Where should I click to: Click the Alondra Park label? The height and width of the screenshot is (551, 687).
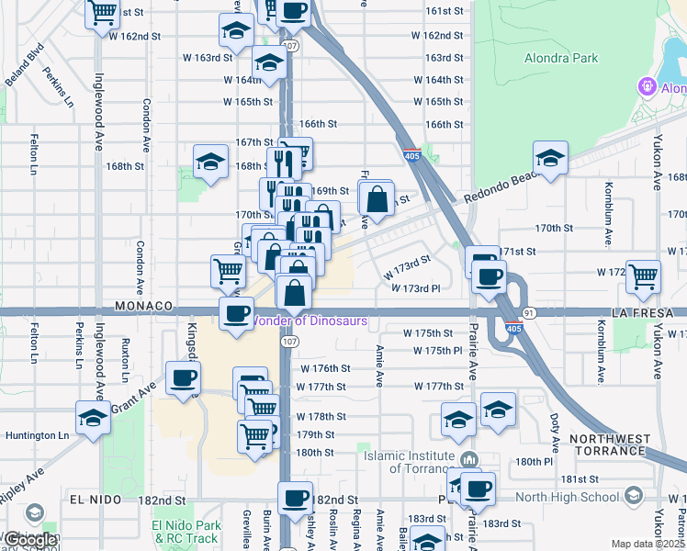(560, 58)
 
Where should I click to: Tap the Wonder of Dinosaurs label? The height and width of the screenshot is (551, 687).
(310, 321)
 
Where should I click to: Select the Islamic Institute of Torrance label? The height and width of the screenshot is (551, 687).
(410, 462)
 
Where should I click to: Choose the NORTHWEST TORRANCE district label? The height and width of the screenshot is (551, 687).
(621, 444)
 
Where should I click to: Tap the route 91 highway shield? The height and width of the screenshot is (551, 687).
(530, 313)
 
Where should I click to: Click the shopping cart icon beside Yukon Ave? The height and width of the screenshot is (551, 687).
(643, 274)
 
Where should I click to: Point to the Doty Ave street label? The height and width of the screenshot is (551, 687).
(556, 424)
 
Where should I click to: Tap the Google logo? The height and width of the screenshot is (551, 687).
(31, 540)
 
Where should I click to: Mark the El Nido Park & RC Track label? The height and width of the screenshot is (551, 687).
(187, 532)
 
